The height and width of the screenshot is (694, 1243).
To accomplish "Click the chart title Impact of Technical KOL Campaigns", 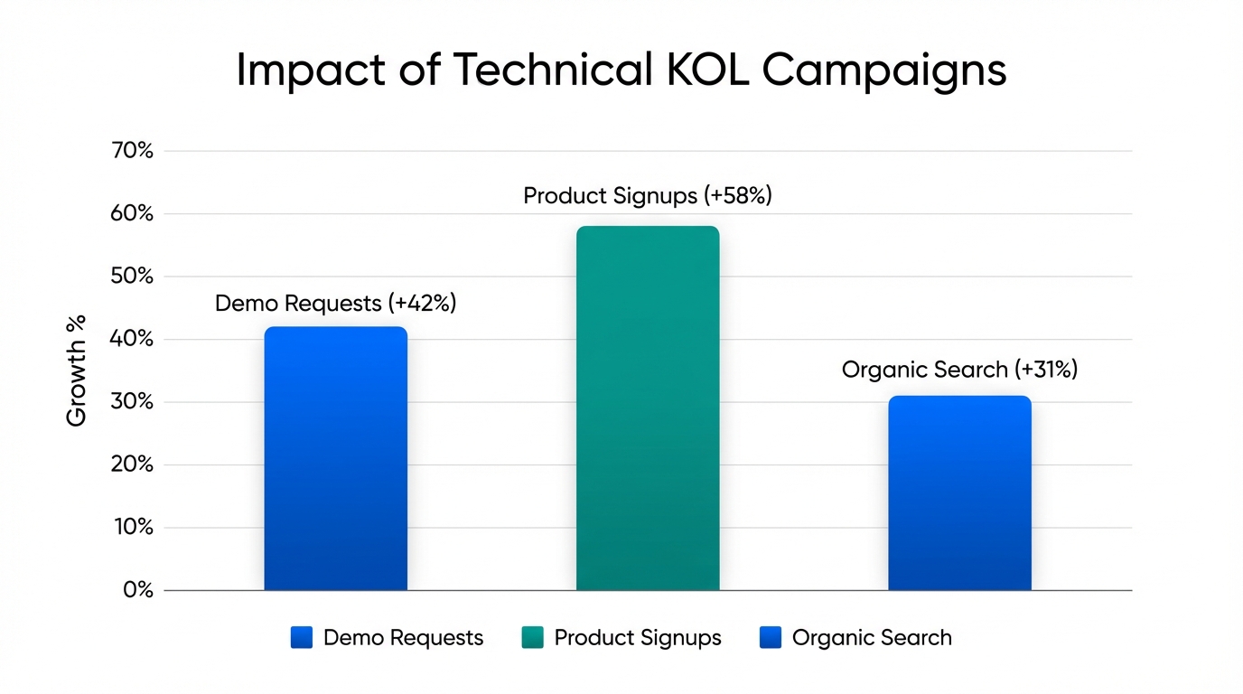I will (621, 70).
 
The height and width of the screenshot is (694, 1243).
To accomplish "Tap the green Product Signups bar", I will (648, 408).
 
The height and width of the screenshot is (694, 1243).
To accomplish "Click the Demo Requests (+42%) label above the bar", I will (335, 304).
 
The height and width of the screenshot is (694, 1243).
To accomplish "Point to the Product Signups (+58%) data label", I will (648, 196).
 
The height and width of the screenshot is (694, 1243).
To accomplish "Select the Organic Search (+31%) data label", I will (959, 370).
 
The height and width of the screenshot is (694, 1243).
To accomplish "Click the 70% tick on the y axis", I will (132, 151).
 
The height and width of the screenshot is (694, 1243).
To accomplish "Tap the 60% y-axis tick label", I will (132, 214).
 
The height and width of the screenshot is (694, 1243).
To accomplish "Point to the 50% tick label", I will (132, 277).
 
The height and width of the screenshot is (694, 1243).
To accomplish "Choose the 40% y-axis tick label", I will (132, 340).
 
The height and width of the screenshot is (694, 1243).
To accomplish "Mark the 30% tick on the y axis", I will (132, 402).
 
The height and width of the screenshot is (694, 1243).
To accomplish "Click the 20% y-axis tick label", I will (132, 465).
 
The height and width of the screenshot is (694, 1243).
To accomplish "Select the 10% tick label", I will (132, 528).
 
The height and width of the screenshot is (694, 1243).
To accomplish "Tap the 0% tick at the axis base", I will (138, 590).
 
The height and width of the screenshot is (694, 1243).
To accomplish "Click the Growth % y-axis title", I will (77, 370).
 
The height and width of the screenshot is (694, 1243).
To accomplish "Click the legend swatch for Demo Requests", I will (302, 638).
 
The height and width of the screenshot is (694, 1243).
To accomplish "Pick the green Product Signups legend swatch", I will (533, 638).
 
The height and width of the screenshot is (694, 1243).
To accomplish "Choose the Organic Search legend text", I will (872, 638).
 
